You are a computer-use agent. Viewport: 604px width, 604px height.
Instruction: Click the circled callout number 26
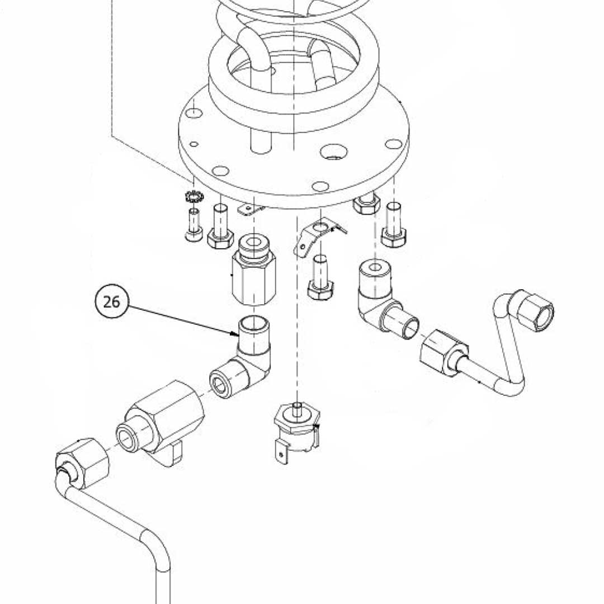[112, 301]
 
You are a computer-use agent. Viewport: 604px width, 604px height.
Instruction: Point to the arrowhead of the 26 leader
[237, 335]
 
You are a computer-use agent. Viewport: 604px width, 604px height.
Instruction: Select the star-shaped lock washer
[194, 197]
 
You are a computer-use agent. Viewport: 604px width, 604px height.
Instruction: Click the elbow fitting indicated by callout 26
[249, 358]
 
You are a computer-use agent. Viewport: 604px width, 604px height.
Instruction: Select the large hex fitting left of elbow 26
[162, 417]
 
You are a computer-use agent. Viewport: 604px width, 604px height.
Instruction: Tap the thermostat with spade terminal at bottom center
[295, 431]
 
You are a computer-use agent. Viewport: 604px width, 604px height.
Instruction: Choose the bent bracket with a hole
[317, 235]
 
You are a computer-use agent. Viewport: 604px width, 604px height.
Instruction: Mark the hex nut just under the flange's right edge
[366, 204]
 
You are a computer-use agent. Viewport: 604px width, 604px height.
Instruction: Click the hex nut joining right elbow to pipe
[443, 351]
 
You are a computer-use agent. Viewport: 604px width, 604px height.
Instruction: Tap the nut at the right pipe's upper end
[534, 310]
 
